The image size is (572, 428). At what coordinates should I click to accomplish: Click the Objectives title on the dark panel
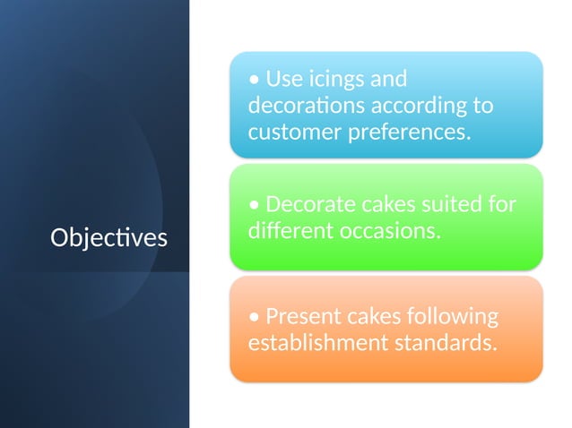pos(108,238)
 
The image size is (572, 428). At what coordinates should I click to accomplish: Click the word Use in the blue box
pos(285,80)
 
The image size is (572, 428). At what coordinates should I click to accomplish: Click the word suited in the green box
pos(453,204)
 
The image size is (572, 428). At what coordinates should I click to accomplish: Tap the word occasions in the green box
pos(387,231)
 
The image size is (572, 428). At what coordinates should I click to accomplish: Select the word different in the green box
pos(288,231)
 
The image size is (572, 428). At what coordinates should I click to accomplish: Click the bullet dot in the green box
pos(256,206)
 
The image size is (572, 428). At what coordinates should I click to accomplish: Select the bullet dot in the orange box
pos(256,318)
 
